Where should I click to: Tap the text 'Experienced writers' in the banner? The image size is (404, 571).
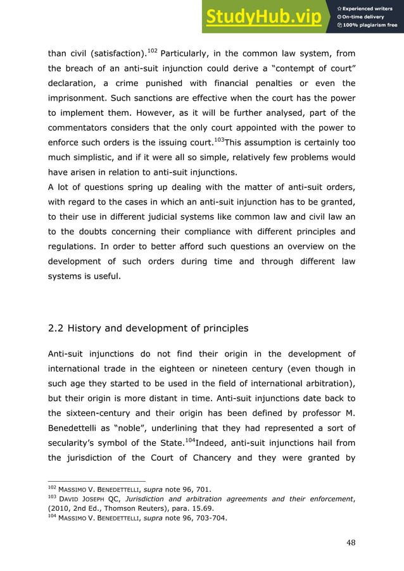pyautogui.click(x=371, y=7)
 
